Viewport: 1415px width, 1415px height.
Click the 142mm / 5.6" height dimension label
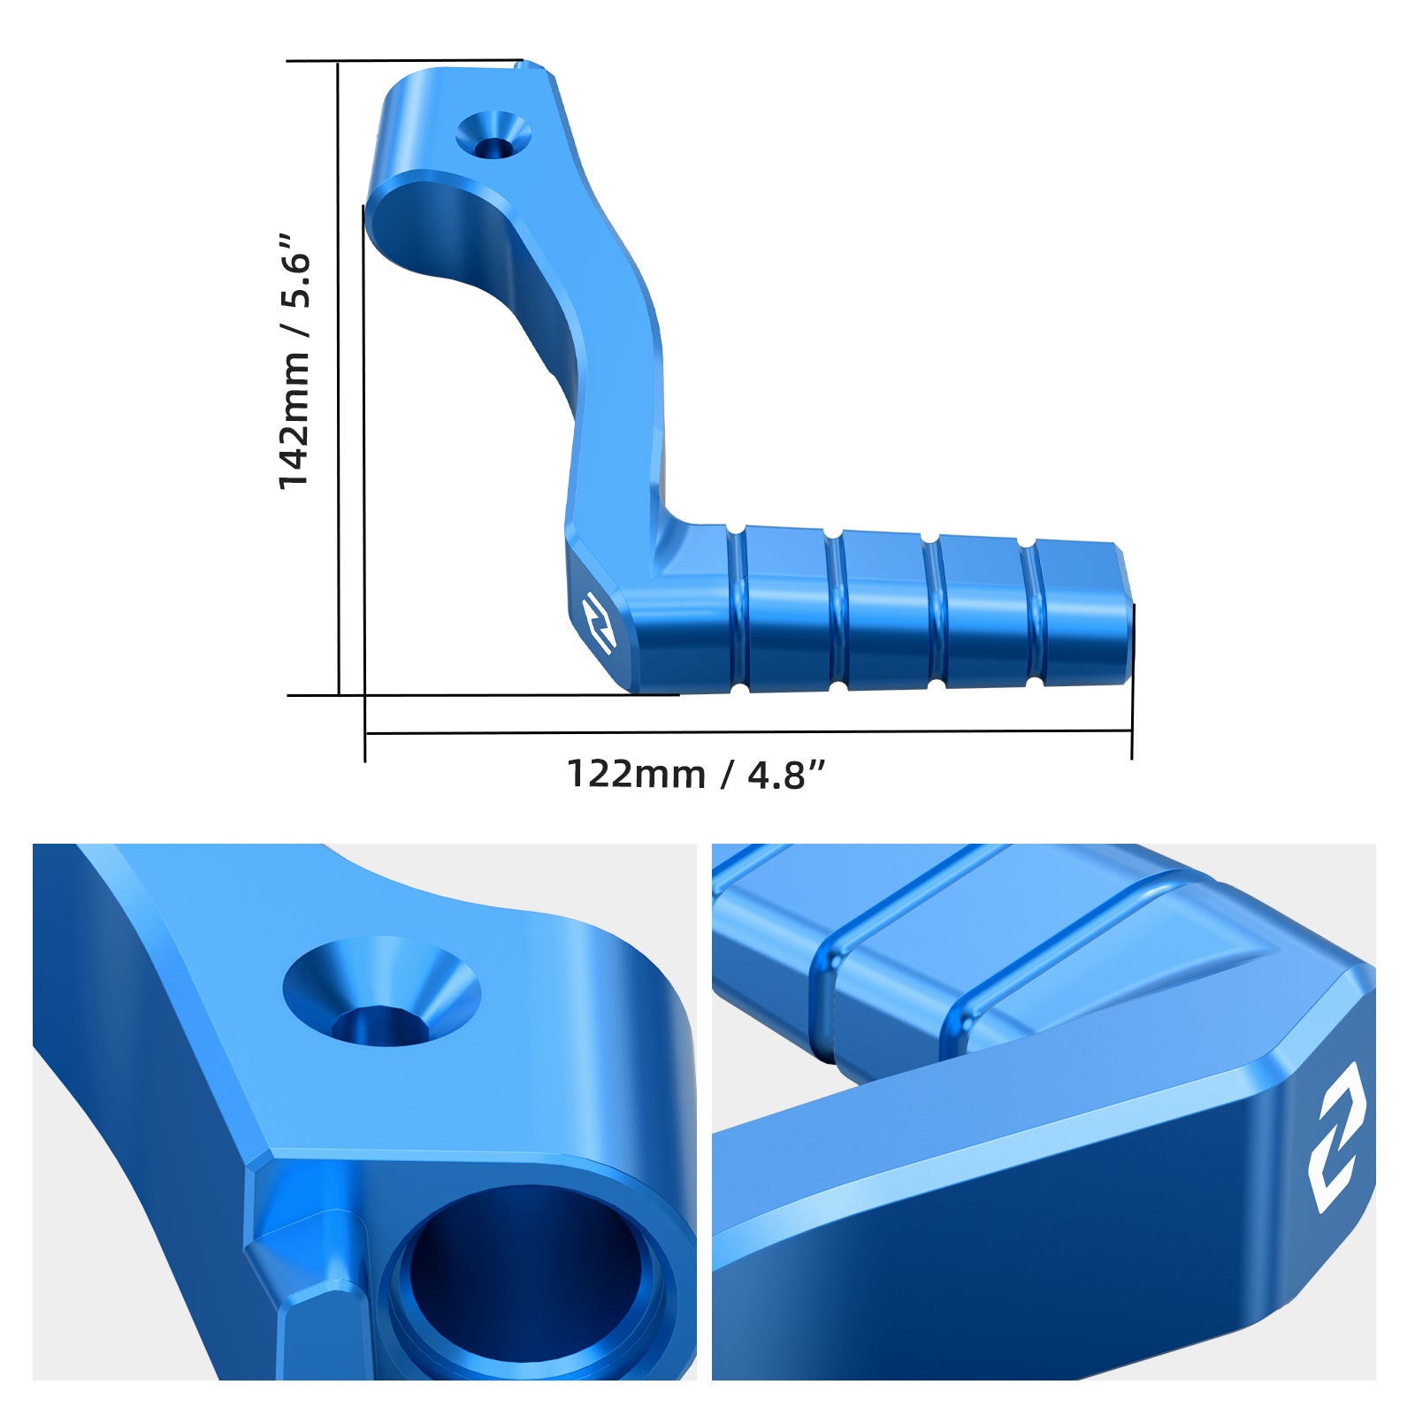click(x=294, y=361)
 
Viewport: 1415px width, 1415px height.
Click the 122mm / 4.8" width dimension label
click(x=696, y=774)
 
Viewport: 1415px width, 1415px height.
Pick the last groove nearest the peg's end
click(x=1031, y=611)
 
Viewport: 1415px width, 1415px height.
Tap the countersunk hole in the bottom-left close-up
click(x=382, y=990)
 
